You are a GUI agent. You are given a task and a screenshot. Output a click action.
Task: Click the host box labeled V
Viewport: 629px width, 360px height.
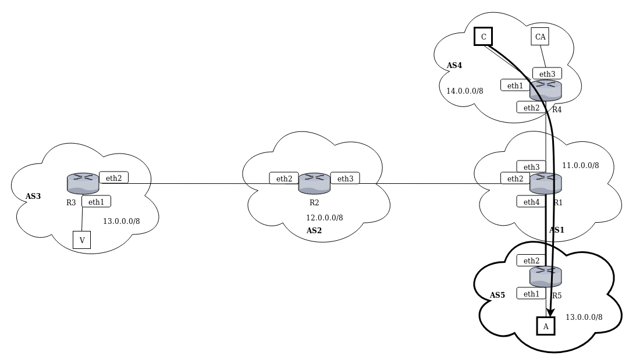[x=81, y=240]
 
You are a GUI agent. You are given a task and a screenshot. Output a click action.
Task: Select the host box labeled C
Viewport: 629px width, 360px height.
[x=483, y=37]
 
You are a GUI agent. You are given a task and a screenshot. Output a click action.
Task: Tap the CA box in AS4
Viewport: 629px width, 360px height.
[x=540, y=37]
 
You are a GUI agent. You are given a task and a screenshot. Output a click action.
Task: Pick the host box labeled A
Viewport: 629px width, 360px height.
[x=546, y=326]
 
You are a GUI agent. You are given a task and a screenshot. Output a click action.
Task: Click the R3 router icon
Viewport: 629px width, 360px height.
[x=83, y=183]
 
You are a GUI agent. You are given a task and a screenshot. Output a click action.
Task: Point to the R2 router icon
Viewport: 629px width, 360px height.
[x=314, y=183]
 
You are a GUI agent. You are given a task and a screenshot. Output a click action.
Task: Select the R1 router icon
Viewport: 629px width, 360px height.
[x=546, y=183]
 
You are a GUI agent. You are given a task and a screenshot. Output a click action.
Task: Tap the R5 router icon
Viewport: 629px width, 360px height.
[x=546, y=276]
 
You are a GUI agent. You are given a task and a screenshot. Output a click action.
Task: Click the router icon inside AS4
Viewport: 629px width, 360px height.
[x=546, y=90]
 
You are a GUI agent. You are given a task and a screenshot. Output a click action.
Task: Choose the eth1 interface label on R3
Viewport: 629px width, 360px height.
[x=96, y=201]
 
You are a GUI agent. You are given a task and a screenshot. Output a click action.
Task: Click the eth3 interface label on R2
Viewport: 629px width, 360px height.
[x=345, y=179]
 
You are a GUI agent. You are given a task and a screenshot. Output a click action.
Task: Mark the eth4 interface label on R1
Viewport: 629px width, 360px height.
[x=531, y=202]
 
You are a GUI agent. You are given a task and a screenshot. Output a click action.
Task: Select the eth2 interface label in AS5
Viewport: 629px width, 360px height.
[x=531, y=261]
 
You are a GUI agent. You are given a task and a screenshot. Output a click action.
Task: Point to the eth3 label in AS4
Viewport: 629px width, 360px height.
[x=547, y=73]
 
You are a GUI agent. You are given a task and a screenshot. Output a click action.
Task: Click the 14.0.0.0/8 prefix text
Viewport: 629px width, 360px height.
[x=464, y=91]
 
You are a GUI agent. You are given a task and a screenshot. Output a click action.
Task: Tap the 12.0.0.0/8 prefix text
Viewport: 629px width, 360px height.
[x=324, y=218]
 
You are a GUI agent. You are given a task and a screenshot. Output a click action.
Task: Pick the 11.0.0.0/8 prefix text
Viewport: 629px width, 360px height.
[x=580, y=165]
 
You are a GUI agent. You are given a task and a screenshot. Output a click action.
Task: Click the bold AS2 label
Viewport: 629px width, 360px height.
[x=314, y=230]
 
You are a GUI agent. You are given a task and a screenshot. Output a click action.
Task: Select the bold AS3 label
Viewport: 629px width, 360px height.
[x=33, y=196]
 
